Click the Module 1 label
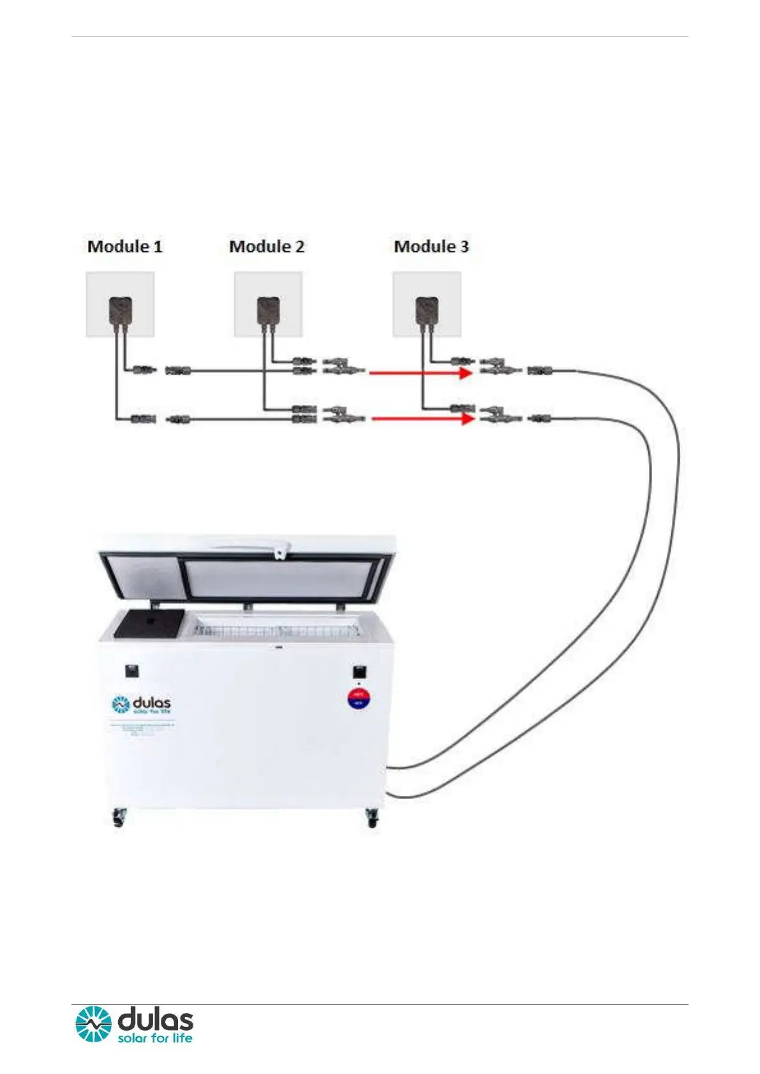125,246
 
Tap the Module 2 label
267,246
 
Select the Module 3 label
431,246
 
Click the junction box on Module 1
121,310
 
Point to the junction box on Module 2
268,310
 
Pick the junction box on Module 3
427,310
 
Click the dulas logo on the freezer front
141,705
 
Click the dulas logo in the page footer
135,1024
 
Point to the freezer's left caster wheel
119,817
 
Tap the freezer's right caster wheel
372,817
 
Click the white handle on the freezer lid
255,547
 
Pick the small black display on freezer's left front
132,671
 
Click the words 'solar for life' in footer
155,1038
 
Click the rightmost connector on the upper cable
539,370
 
